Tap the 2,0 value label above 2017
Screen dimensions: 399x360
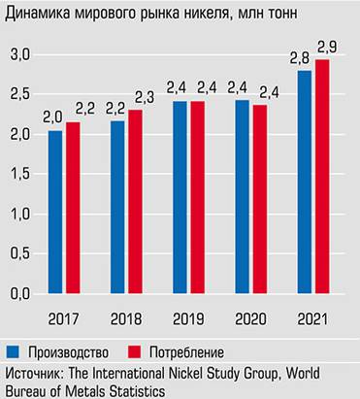[54, 117]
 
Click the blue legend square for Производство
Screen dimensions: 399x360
[13, 350]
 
